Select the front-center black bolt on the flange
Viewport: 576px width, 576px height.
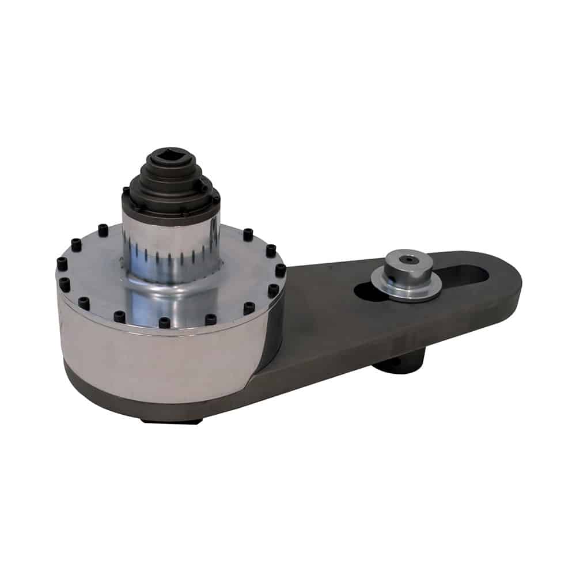(165, 323)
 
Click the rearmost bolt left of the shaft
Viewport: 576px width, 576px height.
(103, 230)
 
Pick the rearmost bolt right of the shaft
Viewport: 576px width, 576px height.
(248, 234)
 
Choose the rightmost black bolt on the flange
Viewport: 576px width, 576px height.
(280, 270)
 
